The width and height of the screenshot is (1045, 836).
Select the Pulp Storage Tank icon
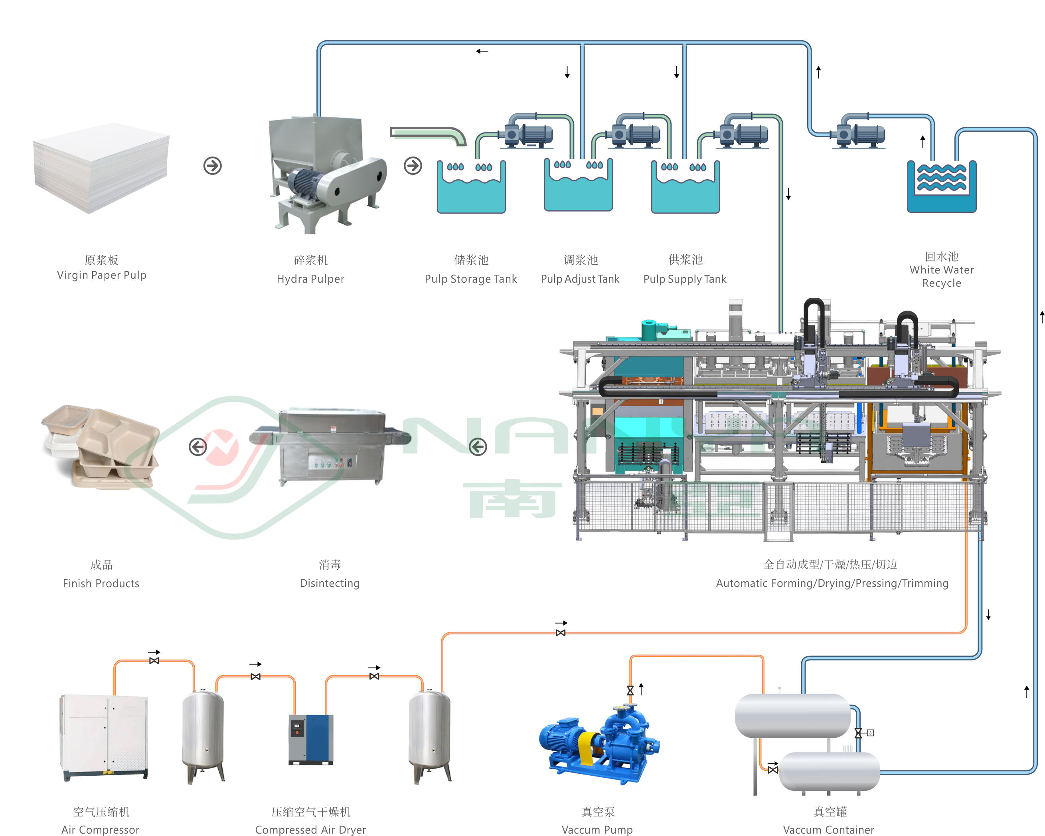(471, 188)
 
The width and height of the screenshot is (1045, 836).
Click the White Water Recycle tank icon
(941, 187)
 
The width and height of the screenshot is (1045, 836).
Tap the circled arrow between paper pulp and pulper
(212, 166)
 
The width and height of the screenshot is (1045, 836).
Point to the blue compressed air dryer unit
(311, 739)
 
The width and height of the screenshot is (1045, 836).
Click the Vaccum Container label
(829, 829)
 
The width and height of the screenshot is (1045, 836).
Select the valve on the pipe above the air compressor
(154, 660)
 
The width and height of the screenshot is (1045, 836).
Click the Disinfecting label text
(330, 583)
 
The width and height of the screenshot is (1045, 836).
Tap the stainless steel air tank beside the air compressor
(203, 735)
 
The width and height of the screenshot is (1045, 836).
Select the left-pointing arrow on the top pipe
(482, 51)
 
